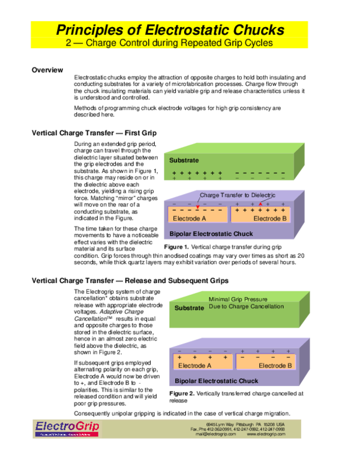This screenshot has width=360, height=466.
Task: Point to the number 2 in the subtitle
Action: tap(67, 43)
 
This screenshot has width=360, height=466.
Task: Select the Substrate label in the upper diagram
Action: tap(184, 160)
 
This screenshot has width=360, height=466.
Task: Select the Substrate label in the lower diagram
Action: tap(189, 308)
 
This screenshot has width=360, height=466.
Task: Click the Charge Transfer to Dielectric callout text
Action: tap(237, 195)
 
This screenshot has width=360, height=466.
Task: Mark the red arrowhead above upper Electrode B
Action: tap(260, 204)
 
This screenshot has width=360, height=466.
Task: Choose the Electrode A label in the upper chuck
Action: tap(190, 219)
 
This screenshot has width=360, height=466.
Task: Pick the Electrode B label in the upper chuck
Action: tap(270, 219)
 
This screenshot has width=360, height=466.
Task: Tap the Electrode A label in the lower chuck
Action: tap(195, 366)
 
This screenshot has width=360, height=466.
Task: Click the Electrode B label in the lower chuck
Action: tap(275, 366)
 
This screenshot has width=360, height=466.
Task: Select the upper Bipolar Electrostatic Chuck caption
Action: tap(211, 234)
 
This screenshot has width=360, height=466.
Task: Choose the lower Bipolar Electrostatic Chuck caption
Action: tap(216, 381)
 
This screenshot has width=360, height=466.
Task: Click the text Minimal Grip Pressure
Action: tap(238, 299)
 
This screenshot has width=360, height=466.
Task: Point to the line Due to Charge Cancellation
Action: tap(246, 306)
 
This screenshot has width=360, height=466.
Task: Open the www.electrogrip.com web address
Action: tap(266, 434)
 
